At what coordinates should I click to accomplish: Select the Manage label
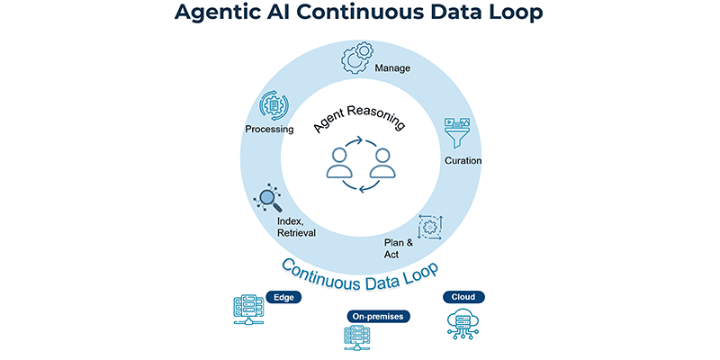coord(392,69)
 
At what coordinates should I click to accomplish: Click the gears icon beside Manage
coord(356,58)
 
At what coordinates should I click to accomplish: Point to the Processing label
coord(269,130)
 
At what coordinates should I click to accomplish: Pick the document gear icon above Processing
coord(274,105)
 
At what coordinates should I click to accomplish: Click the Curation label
coord(463,161)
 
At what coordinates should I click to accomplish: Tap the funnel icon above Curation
coord(457,132)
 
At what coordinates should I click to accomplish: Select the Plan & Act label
coord(399,248)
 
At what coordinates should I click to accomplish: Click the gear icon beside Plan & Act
coord(430,227)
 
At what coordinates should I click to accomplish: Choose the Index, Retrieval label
coord(296,228)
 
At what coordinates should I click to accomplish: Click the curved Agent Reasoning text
coord(359,118)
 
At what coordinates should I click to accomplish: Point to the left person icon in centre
coord(339,163)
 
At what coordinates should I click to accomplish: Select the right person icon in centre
coord(382,163)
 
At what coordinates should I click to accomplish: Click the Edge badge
coord(283,297)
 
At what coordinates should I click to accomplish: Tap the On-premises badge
coord(378,317)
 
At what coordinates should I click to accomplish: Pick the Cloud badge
coord(463,297)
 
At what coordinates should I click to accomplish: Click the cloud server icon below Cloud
coord(463,323)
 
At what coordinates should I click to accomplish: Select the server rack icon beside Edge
coord(248,310)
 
